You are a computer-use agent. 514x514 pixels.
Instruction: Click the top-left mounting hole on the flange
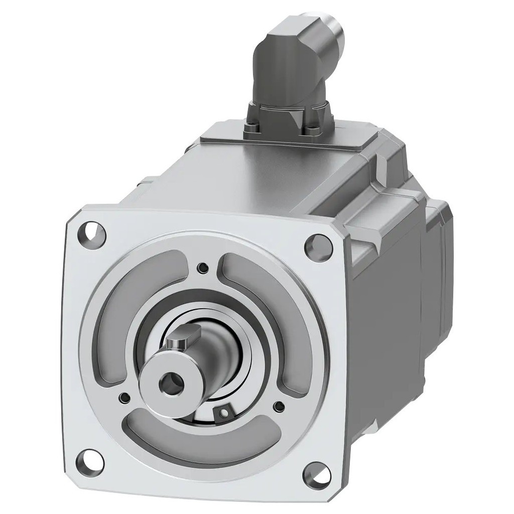pos(92,232)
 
